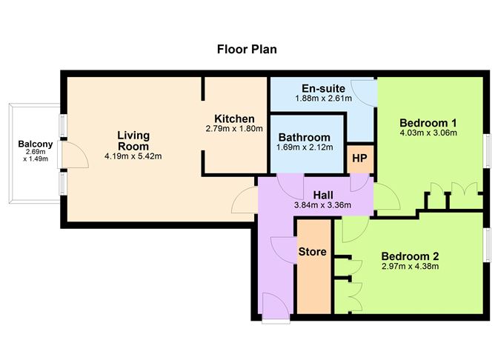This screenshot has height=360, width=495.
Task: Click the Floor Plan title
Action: (x=247, y=50)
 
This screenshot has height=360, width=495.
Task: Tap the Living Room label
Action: (x=133, y=140)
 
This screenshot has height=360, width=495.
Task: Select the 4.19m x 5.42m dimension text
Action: (x=133, y=156)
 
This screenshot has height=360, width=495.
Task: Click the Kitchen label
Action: (x=234, y=119)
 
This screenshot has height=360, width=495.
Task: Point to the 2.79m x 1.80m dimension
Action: (x=234, y=128)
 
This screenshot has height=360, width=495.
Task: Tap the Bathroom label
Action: (x=304, y=137)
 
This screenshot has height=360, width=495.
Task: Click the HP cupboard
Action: (x=359, y=158)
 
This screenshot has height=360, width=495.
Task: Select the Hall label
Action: (x=322, y=194)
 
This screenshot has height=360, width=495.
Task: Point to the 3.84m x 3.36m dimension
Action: (x=322, y=204)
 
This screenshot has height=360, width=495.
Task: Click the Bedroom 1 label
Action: (x=428, y=122)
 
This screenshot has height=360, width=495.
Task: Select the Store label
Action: (x=312, y=252)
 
